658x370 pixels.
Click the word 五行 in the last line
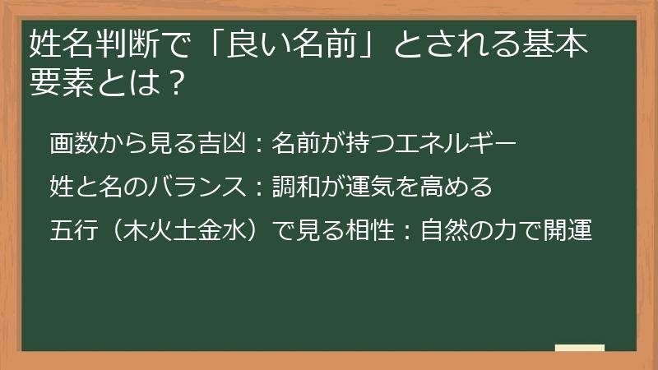73,230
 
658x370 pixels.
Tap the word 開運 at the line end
568,230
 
